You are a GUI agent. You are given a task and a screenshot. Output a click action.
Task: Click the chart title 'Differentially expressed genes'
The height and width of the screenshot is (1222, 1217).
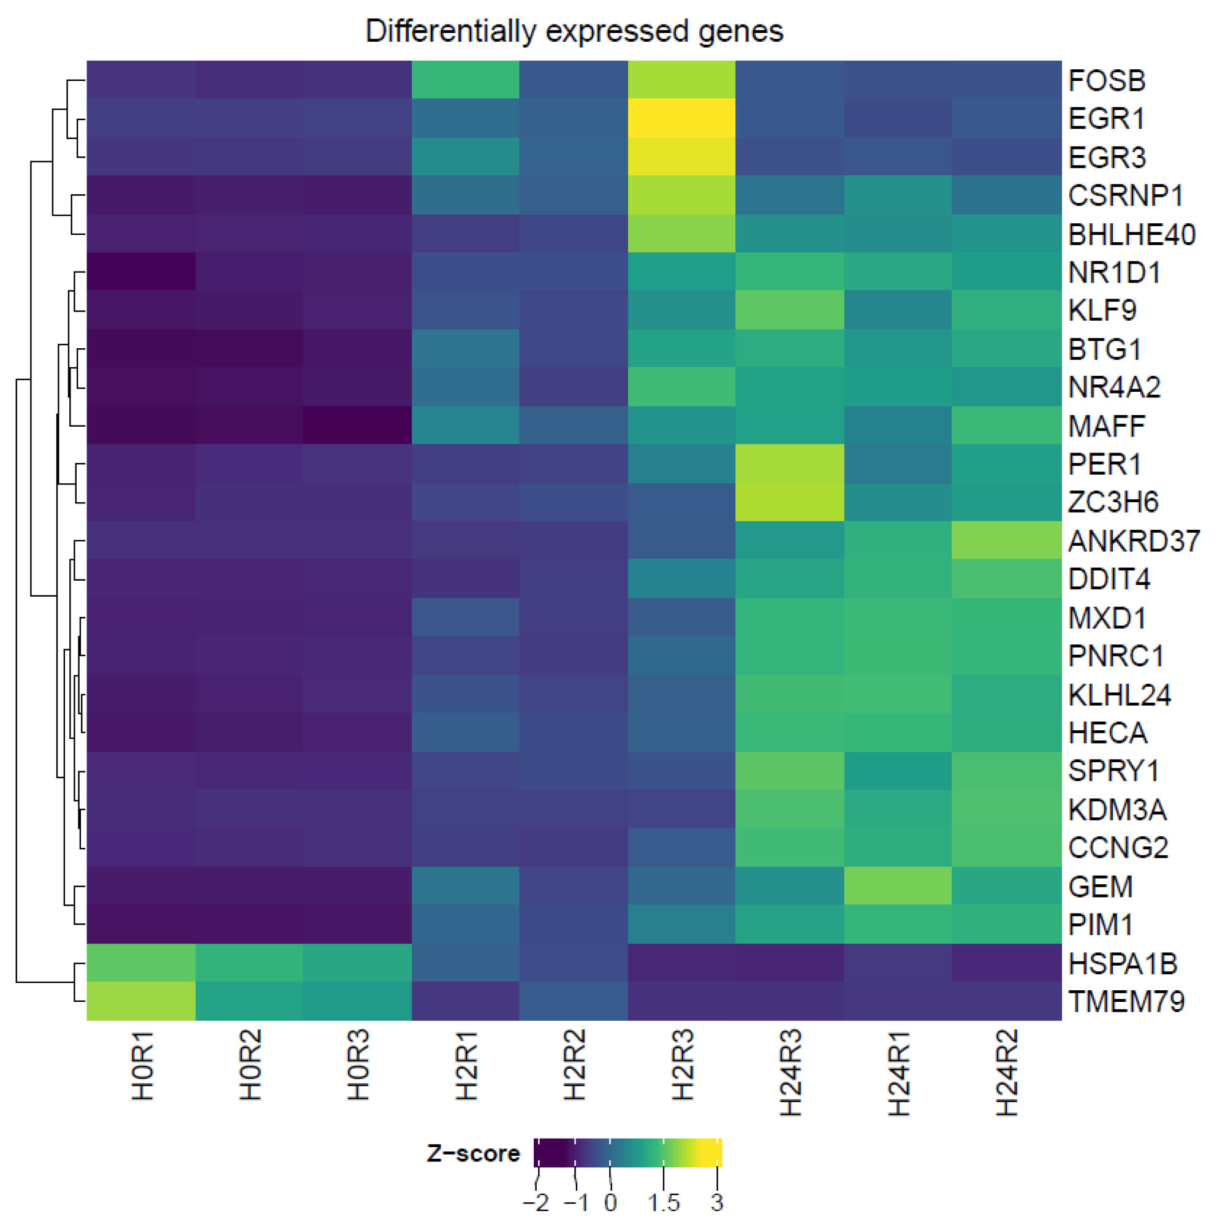[x=574, y=31]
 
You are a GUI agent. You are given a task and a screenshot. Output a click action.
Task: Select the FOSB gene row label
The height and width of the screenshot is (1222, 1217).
[x=1107, y=81]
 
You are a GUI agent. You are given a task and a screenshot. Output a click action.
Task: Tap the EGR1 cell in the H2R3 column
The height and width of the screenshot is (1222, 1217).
[x=681, y=118]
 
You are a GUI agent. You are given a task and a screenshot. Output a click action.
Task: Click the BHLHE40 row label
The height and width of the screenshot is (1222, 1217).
[x=1132, y=235]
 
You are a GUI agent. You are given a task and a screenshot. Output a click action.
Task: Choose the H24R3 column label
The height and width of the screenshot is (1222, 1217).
[x=790, y=1073]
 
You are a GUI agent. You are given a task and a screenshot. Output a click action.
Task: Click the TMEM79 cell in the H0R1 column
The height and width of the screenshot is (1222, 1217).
[x=141, y=1001]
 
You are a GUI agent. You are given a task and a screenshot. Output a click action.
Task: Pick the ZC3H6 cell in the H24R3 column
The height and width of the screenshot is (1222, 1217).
[x=790, y=502]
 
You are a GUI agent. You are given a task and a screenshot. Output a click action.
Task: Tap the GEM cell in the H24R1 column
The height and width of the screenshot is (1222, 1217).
[x=898, y=885]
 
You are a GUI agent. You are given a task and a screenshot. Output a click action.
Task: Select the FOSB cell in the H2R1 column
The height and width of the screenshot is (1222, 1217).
[x=465, y=80]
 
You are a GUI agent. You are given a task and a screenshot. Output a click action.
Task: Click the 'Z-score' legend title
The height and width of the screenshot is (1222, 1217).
[x=473, y=1153]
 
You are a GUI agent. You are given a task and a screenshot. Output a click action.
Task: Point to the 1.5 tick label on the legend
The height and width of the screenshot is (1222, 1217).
[x=663, y=1202]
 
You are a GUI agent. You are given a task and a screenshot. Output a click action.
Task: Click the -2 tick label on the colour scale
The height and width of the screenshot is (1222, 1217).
[x=536, y=1202]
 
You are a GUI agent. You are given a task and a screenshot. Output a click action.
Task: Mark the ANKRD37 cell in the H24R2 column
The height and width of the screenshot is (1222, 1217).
[x=1006, y=541]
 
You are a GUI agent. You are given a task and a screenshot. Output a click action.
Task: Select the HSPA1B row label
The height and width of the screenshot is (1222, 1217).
[x=1123, y=963]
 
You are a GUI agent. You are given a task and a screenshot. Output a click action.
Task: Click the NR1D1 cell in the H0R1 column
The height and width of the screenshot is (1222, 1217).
[x=141, y=272]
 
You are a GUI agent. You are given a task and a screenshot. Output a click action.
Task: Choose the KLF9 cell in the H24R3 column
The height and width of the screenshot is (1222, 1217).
[x=790, y=310]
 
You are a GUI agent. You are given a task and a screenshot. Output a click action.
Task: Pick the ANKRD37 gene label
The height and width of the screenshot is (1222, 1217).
[x=1134, y=541]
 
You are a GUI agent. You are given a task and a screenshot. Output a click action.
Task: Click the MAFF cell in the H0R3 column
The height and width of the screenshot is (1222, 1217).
[x=357, y=425]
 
